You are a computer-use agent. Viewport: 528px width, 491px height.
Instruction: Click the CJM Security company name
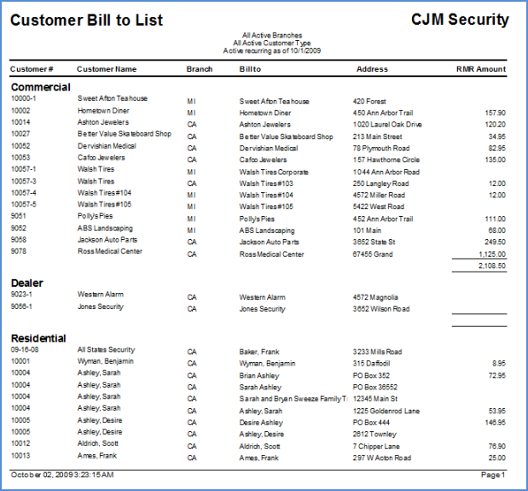(460, 20)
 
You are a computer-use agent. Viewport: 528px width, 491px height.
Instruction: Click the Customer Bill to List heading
(86, 20)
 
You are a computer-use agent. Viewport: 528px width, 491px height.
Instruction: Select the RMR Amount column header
(481, 69)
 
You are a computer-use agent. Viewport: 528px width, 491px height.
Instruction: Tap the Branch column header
(200, 69)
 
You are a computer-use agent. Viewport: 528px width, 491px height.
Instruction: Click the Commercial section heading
(41, 87)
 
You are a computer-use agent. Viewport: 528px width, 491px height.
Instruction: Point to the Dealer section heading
(27, 283)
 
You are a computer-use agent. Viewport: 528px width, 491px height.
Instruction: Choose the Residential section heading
(38, 338)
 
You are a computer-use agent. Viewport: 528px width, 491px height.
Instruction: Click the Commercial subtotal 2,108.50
(492, 266)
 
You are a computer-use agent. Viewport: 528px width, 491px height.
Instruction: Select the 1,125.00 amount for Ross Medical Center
(492, 254)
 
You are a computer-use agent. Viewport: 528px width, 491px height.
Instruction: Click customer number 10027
(20, 134)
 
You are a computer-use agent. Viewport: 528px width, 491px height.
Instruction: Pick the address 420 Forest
(369, 102)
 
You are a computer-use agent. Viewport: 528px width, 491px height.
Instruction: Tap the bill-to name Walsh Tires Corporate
(274, 172)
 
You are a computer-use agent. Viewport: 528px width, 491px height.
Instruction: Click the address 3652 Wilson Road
(381, 309)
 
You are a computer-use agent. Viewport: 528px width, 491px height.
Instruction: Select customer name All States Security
(106, 350)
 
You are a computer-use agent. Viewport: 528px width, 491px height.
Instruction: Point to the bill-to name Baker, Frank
(259, 352)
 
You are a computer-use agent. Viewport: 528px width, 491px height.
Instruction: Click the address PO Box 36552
(375, 387)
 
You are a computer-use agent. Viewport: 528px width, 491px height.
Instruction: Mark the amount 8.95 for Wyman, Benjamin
(499, 364)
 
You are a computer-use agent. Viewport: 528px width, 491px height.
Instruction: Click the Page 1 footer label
(493, 475)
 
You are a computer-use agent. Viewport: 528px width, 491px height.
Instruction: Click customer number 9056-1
(21, 307)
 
